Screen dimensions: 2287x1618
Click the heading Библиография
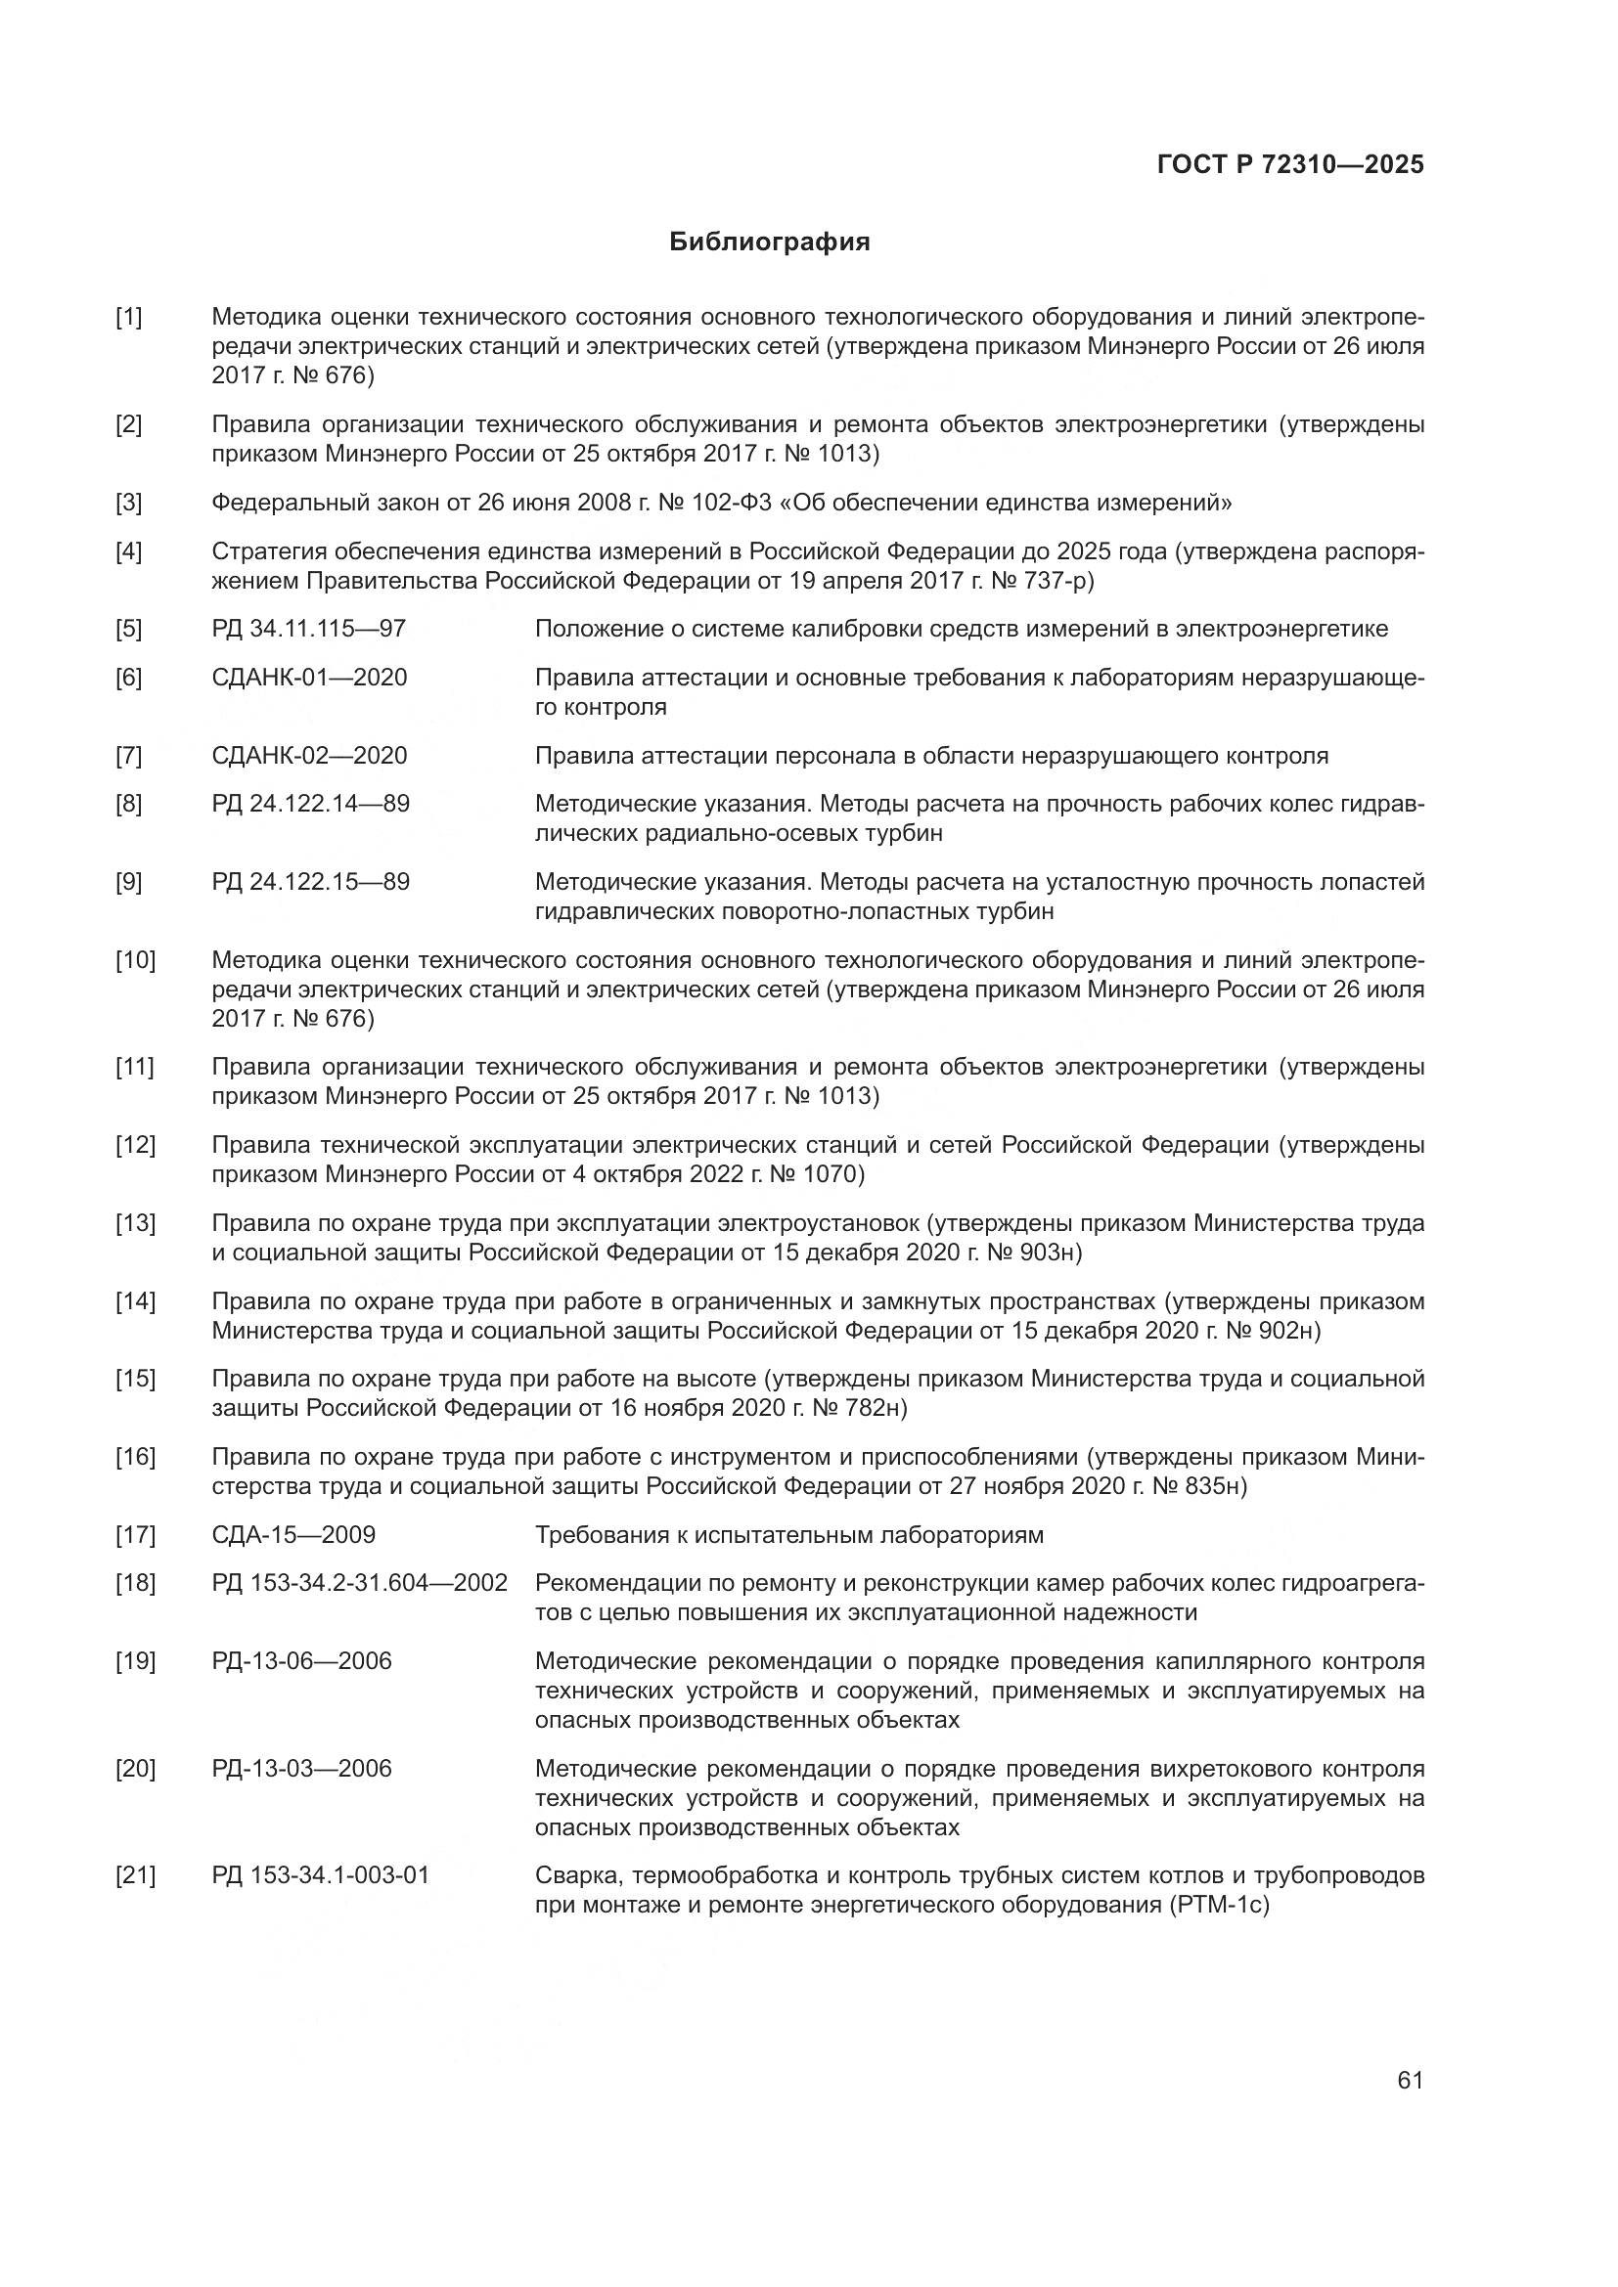[769, 242]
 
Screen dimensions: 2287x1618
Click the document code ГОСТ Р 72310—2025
[1290, 165]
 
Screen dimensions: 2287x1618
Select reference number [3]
[128, 502]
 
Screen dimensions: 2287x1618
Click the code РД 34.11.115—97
[309, 630]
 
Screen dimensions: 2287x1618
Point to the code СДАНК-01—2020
[309, 679]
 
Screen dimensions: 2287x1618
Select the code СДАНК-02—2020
[309, 756]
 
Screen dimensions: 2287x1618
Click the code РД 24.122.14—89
[310, 804]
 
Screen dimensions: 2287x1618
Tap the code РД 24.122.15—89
[310, 883]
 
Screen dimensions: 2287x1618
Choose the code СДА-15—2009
[292, 1535]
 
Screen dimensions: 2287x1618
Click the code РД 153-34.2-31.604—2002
[360, 1583]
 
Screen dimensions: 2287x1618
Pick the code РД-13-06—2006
[301, 1661]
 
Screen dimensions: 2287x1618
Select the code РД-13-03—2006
[301, 1769]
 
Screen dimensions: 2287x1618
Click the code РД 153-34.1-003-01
[320, 1875]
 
